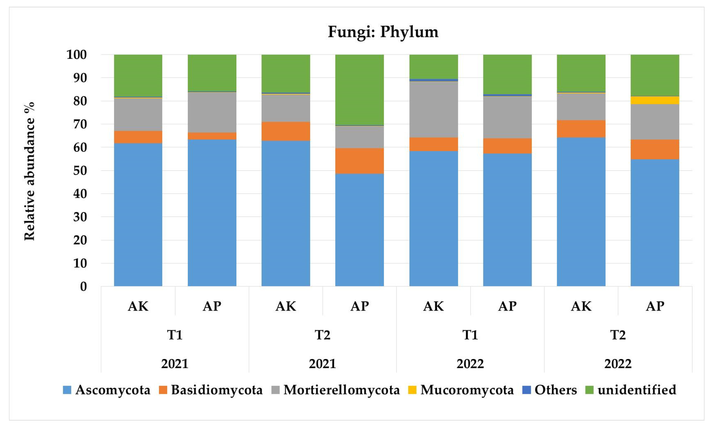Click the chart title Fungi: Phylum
(383, 32)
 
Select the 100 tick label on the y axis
(76, 55)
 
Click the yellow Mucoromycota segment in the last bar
(655, 100)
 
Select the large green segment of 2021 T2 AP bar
(359, 90)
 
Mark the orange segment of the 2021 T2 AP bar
(359, 161)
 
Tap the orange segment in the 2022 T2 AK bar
(581, 128)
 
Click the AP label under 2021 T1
(212, 306)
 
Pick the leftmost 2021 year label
(175, 364)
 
